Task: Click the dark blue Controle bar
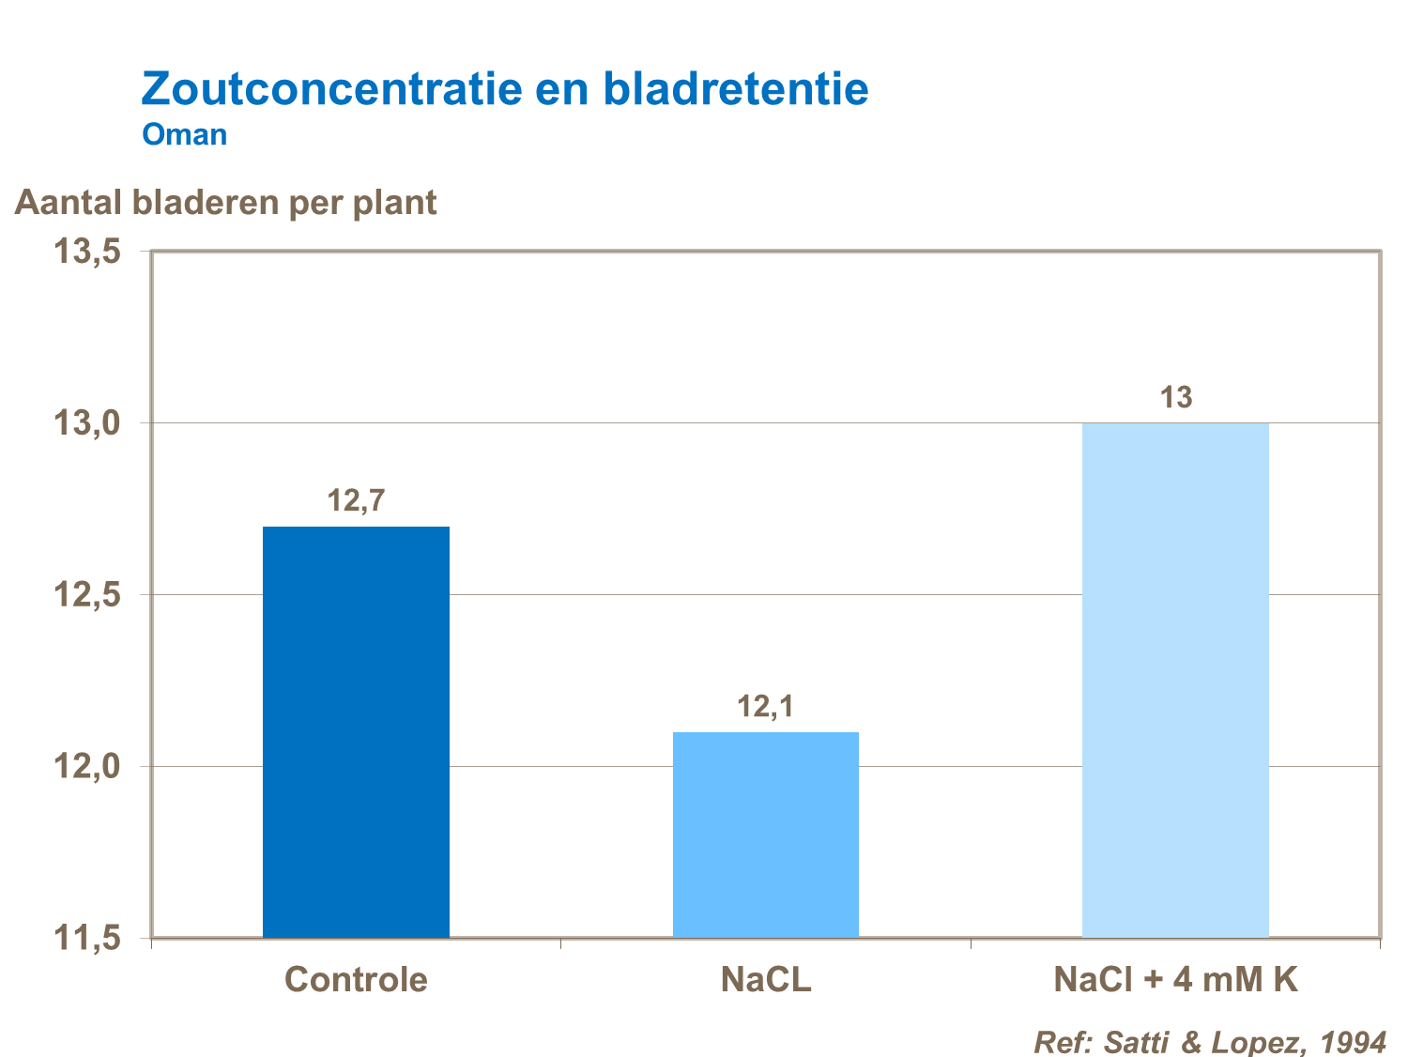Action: click(356, 732)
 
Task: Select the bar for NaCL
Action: click(765, 835)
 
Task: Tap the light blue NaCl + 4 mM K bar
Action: click(1175, 680)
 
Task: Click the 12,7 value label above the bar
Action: click(356, 501)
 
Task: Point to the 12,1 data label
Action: click(765, 707)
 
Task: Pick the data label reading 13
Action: click(1175, 398)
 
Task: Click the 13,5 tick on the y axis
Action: click(87, 252)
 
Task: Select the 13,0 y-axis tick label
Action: click(87, 423)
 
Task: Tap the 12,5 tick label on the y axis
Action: click(87, 595)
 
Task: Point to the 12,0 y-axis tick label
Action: click(87, 766)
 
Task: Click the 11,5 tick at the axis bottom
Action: click(87, 937)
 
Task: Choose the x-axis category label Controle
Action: click(356, 979)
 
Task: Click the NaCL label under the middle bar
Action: click(765, 979)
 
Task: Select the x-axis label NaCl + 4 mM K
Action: click(1175, 979)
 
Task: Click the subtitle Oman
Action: click(185, 135)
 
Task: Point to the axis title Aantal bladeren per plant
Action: click(225, 203)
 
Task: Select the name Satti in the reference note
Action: click(1137, 1042)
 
